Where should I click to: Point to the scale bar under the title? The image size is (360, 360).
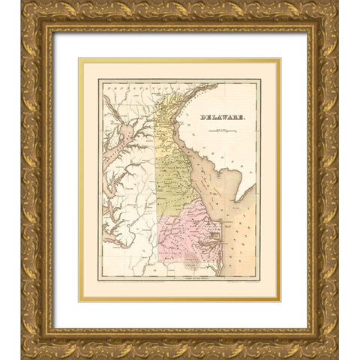pos(224,133)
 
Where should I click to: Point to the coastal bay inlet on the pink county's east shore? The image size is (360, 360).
pos(214,240)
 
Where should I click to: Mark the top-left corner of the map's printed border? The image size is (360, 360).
pos(100,80)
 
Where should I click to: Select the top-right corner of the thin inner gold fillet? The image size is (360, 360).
pos(280,59)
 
